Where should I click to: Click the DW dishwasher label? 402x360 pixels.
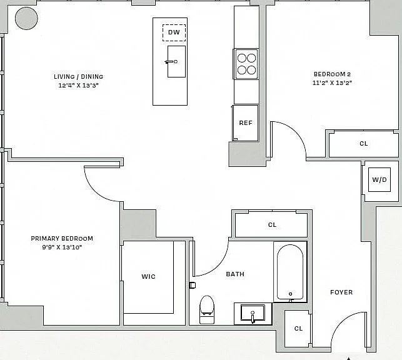pyautogui.click(x=174, y=32)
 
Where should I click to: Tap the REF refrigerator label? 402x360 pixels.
pyautogui.click(x=246, y=123)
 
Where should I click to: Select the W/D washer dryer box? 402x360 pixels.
pyautogui.click(x=379, y=179)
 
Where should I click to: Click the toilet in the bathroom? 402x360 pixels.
pyautogui.click(x=207, y=309)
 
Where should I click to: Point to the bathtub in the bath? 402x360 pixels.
pyautogui.click(x=290, y=272)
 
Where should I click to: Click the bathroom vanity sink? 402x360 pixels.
pyautogui.click(x=253, y=313)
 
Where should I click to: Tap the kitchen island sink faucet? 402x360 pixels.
pyautogui.click(x=171, y=62)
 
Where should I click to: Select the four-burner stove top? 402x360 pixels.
pyautogui.click(x=246, y=64)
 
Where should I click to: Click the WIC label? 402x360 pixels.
pyautogui.click(x=148, y=276)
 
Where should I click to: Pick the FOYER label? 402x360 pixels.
pyautogui.click(x=341, y=292)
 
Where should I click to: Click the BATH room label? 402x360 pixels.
pyautogui.click(x=235, y=274)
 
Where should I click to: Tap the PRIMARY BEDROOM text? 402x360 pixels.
pyautogui.click(x=62, y=238)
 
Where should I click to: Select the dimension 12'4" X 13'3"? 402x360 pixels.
pyautogui.click(x=78, y=86)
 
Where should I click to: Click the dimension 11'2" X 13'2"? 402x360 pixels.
pyautogui.click(x=332, y=82)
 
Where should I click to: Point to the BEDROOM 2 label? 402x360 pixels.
pyautogui.click(x=332, y=74)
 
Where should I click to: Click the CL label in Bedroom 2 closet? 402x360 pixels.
pyautogui.click(x=363, y=144)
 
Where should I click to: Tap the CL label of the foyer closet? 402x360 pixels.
pyautogui.click(x=298, y=329)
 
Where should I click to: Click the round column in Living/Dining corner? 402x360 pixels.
pyautogui.click(x=26, y=18)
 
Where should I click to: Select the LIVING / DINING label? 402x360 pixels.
pyautogui.click(x=78, y=76)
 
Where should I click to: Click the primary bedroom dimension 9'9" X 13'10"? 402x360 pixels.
pyautogui.click(x=62, y=247)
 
